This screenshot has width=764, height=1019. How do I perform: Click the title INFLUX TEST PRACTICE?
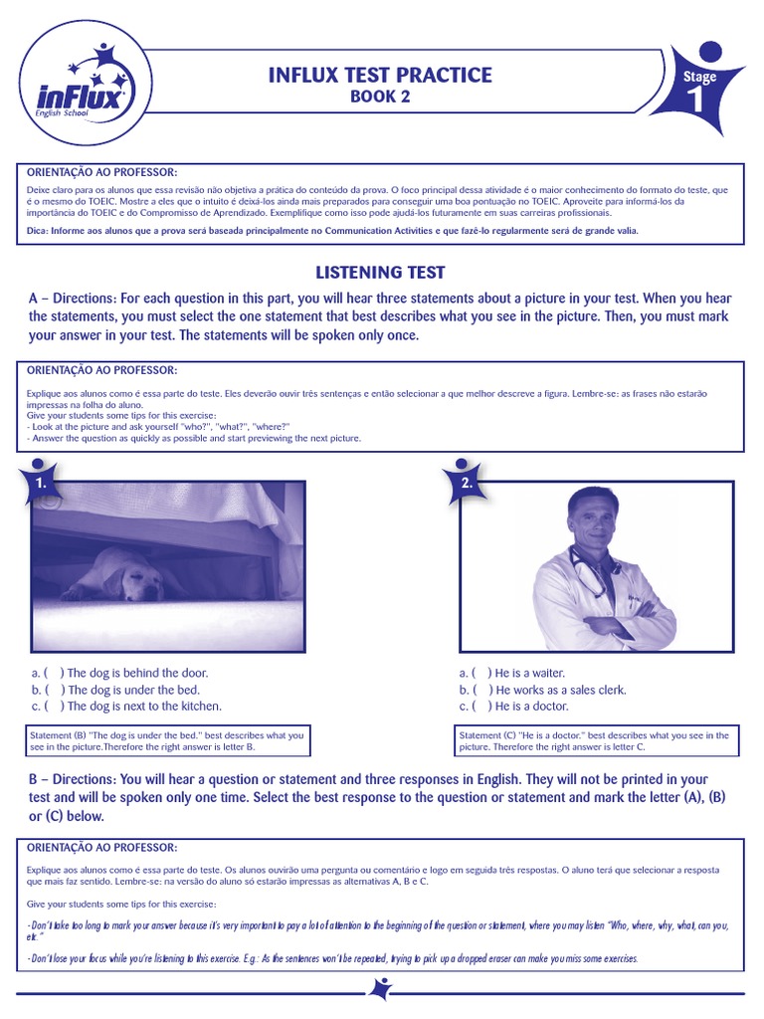click(x=380, y=75)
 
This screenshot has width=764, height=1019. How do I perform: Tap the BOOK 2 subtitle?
click(x=379, y=97)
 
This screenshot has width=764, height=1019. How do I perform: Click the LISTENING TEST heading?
click(x=380, y=272)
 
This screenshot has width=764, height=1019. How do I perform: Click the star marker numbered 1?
click(x=40, y=483)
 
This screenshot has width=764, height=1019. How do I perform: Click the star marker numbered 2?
click(x=466, y=483)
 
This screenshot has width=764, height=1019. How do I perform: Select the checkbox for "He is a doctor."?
click(x=481, y=707)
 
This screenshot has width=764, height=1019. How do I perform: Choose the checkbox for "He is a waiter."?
click(x=481, y=673)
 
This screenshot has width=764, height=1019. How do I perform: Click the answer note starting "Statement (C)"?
click(x=595, y=740)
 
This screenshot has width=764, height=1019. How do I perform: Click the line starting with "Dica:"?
click(x=333, y=231)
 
